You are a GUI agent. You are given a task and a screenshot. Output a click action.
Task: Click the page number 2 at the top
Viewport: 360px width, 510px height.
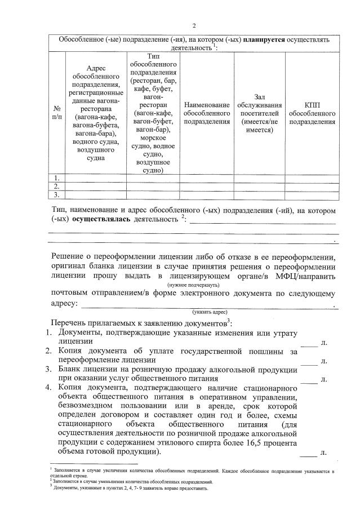pos(194,26)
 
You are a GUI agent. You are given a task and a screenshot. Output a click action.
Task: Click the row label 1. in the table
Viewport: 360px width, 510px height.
pos(57,178)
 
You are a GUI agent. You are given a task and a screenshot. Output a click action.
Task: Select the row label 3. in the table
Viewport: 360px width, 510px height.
pos(57,194)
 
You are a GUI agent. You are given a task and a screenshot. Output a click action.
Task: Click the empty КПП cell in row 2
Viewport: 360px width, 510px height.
pos(312,186)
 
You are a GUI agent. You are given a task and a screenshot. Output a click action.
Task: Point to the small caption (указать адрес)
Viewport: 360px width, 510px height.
pos(209,311)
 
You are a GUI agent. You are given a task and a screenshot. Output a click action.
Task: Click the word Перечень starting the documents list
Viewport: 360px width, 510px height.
pos(70,322)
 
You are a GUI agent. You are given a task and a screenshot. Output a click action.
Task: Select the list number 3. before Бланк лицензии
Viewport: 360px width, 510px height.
pos(49,369)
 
